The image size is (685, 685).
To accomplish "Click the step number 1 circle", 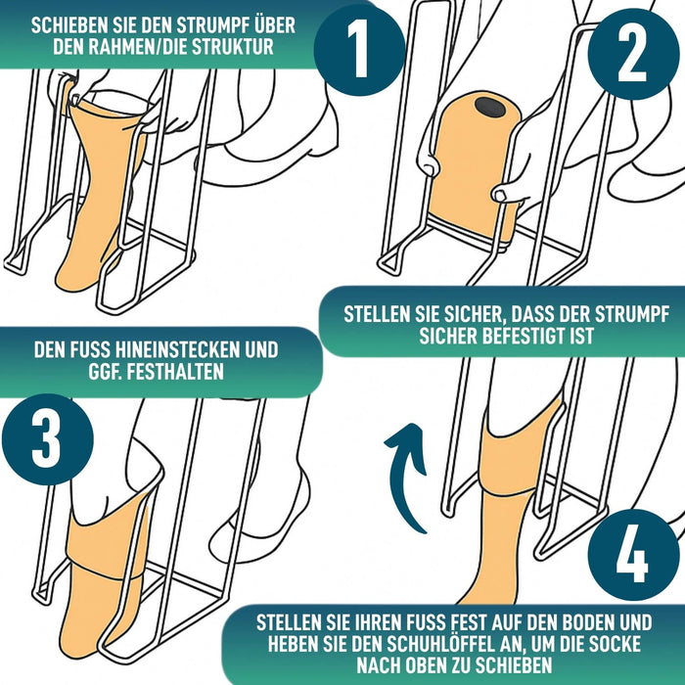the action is pyautogui.click(x=359, y=49).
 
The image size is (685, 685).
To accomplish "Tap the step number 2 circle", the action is pyautogui.click(x=633, y=53).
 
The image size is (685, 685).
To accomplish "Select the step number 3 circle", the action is pyautogui.click(x=48, y=439).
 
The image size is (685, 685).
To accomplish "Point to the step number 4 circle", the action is pyautogui.click(x=633, y=555).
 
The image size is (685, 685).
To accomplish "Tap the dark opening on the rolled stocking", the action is pyautogui.click(x=488, y=105).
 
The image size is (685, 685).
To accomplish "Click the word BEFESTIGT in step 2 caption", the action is pyautogui.click(x=527, y=336).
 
